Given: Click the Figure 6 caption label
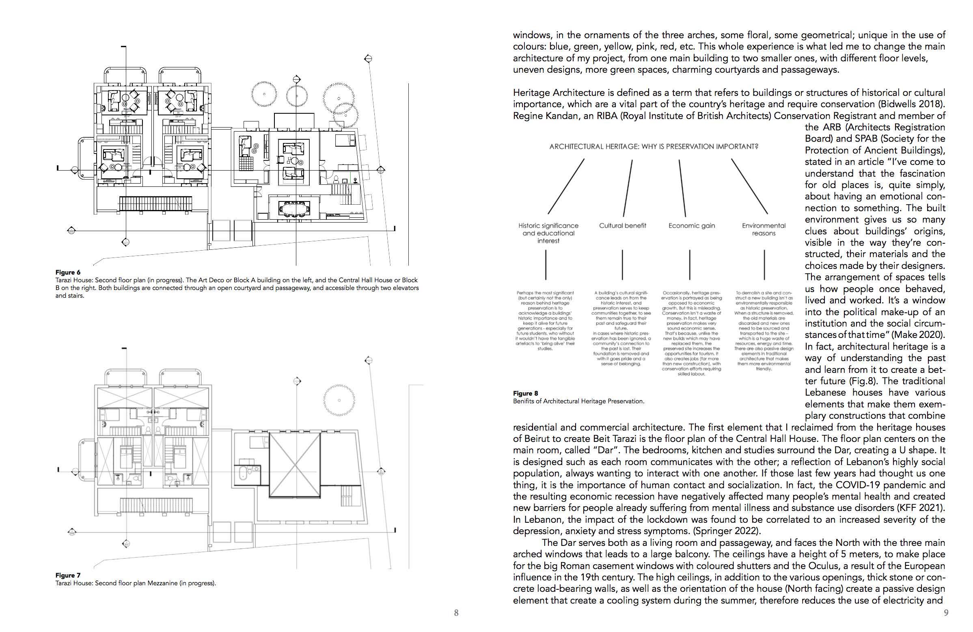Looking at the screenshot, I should pos(68,273).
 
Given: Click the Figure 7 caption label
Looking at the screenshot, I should pos(68,575).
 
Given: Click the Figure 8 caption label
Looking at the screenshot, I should pos(526,394).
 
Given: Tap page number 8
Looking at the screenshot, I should pos(456,613).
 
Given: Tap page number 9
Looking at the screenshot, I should pos(946,613).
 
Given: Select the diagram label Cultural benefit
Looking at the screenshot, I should pos(623,226).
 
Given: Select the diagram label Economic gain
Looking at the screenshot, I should pos(692,226).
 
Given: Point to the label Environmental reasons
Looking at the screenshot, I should pos(764,229).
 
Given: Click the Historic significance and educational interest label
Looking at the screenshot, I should pos(548,233).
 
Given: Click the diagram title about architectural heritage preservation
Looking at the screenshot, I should pos(654,147).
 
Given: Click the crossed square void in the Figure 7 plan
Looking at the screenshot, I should pos(294,465).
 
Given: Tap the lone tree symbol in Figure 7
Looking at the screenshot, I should pos(339,400).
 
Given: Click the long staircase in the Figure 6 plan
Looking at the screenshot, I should pos(156,203).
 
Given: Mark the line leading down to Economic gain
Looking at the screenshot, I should pos(682,188).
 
